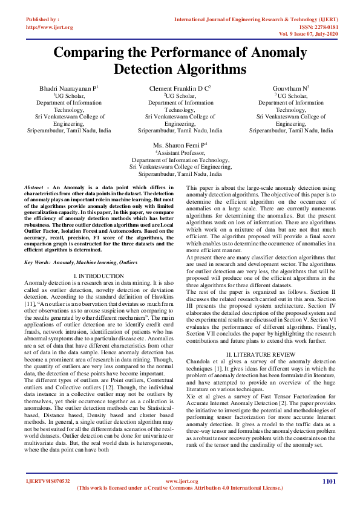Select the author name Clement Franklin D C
click(179, 88)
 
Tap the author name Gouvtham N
click(290, 88)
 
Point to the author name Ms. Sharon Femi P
click(179, 145)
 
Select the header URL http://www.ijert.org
click(50, 28)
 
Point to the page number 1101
click(329, 481)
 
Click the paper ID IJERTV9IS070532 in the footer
click(48, 481)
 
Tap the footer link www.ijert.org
click(179, 481)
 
